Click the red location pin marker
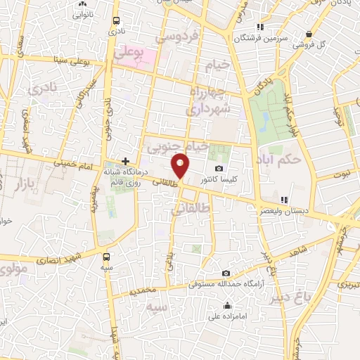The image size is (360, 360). coord(181,166)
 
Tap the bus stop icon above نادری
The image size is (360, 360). coord(115,20)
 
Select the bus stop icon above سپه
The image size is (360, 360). coord(106,257)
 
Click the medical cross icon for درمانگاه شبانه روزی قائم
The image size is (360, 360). coord(125,161)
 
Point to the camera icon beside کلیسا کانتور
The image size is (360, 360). coord(219,169)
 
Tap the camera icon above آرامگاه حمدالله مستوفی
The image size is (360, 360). coord(226,274)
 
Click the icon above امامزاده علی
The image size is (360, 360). coord(226,305)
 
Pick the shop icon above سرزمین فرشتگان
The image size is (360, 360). coord(261,26)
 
